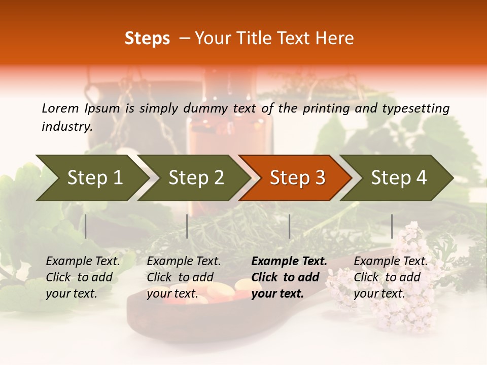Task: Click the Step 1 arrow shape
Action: pyautogui.click(x=94, y=178)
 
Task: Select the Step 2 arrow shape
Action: pyautogui.click(x=195, y=178)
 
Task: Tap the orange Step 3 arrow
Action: pyautogui.click(x=297, y=178)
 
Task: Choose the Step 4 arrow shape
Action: pyautogui.click(x=398, y=178)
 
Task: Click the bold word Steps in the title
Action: pyautogui.click(x=147, y=39)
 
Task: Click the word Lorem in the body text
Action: pyautogui.click(x=60, y=108)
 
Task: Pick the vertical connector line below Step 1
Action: pyautogui.click(x=86, y=226)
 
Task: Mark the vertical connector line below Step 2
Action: pyautogui.click(x=187, y=226)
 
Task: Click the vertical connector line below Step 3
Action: pyautogui.click(x=289, y=226)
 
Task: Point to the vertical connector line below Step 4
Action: pyautogui.click(x=392, y=226)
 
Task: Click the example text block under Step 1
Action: pyautogui.click(x=83, y=277)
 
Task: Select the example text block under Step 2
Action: pyautogui.click(x=184, y=277)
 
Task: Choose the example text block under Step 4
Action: pyautogui.click(x=391, y=277)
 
